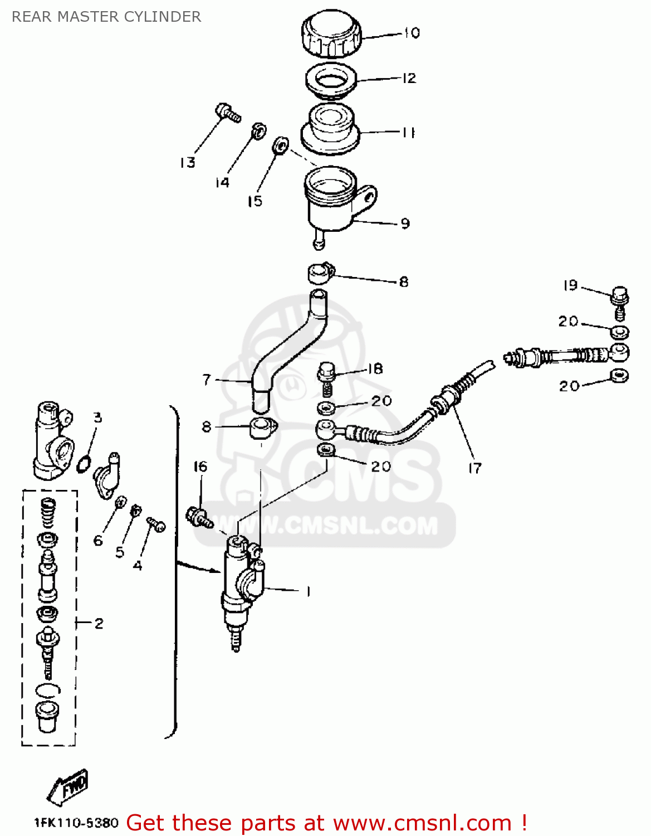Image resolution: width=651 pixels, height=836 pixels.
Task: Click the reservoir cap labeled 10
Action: [x=331, y=35]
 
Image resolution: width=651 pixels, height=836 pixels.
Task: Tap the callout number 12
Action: [x=409, y=78]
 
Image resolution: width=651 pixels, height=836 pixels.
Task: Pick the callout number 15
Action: [x=255, y=201]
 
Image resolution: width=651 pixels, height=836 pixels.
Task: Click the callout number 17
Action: [x=474, y=468]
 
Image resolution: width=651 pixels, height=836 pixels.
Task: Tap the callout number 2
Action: [x=99, y=623]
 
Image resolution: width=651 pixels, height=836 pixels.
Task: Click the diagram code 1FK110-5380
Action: [x=76, y=823]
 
